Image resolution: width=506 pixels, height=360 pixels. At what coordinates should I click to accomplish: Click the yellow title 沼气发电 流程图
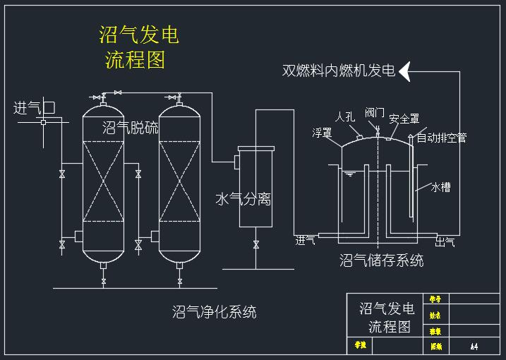click(138, 47)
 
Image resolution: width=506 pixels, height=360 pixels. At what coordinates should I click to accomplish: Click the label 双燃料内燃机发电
click(339, 71)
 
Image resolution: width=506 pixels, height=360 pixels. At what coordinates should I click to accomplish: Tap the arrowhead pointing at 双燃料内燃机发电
click(406, 71)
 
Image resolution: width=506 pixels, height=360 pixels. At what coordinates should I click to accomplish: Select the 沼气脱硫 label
click(131, 127)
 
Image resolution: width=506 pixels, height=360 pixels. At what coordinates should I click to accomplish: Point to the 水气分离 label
click(243, 200)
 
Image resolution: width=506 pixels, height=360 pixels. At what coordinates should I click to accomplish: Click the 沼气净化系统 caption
click(215, 311)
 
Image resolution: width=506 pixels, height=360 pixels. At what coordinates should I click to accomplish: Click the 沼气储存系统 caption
click(382, 260)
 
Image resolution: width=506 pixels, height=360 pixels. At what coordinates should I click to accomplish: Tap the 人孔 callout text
click(346, 116)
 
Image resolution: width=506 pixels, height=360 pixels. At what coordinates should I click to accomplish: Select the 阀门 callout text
click(375, 113)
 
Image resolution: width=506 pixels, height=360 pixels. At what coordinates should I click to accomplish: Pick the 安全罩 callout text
click(404, 119)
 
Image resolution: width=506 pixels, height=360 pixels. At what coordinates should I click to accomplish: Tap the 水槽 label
click(441, 187)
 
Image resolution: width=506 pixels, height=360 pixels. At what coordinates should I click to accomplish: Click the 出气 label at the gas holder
click(445, 242)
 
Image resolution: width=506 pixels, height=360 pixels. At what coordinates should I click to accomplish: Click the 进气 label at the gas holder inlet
click(305, 241)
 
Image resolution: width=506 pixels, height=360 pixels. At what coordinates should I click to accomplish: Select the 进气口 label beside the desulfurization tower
click(34, 108)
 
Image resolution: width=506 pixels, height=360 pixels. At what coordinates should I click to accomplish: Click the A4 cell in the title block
click(474, 347)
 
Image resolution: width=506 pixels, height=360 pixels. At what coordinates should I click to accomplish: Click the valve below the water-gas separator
click(255, 245)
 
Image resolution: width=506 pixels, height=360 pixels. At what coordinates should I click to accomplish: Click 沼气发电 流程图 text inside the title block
click(387, 318)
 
